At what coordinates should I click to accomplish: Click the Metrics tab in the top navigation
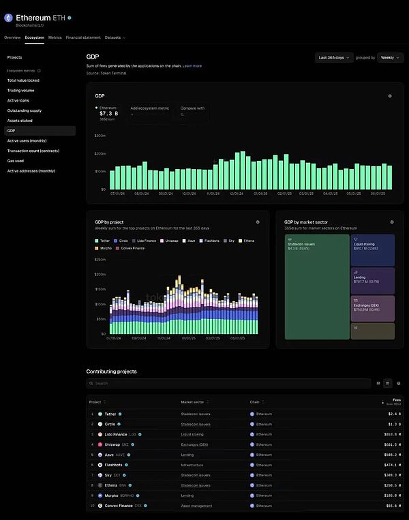(x=55, y=37)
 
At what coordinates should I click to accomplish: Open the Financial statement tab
(x=83, y=37)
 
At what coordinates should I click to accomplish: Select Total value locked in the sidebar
(x=23, y=80)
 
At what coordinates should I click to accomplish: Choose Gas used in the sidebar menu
(x=16, y=161)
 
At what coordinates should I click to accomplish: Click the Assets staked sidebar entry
(x=20, y=121)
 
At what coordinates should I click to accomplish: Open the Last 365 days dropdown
(x=335, y=58)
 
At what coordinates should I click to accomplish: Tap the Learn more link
(x=192, y=65)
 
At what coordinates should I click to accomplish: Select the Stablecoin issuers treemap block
(x=316, y=286)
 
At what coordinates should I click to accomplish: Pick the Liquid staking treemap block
(x=373, y=249)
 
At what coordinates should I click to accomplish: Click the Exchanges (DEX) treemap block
(x=373, y=308)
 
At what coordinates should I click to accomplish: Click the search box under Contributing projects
(x=228, y=383)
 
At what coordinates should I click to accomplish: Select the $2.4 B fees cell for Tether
(x=394, y=414)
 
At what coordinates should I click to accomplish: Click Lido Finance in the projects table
(x=115, y=434)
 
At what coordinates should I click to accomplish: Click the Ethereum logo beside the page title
(x=9, y=17)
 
